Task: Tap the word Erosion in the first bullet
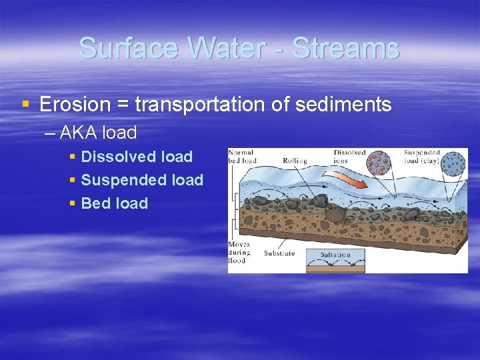point(75,105)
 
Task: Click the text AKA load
point(98,133)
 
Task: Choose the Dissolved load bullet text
point(136,157)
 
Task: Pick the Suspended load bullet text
point(141,180)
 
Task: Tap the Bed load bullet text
point(114,203)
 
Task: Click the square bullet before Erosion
point(26,105)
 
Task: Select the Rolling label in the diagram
point(295,161)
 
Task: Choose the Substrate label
point(279,253)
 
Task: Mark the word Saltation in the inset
point(335,254)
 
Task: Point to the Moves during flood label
point(239,253)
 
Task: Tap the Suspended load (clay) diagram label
point(421,157)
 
